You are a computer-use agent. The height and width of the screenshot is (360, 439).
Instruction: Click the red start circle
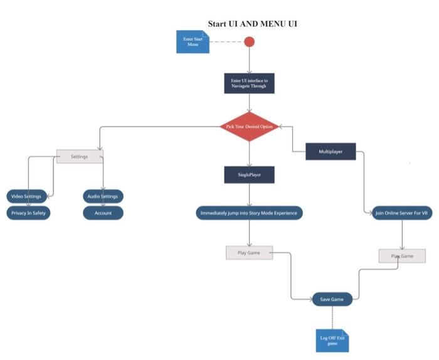point(249,42)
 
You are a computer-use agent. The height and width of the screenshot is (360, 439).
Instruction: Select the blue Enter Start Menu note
point(193,42)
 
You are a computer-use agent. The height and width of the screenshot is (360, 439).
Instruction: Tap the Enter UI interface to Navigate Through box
point(249,83)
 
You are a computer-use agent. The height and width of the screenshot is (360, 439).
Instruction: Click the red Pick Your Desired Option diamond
point(249,127)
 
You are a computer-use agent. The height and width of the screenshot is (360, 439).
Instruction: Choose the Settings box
point(80,156)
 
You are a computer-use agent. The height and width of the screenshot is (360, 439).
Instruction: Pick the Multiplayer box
point(331,151)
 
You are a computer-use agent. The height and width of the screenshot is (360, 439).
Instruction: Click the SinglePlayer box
point(249,175)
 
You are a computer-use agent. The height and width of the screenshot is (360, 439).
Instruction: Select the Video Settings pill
point(26,196)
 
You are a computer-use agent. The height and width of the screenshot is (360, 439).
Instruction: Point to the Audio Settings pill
point(103,196)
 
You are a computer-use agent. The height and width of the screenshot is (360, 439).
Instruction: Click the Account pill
point(103,213)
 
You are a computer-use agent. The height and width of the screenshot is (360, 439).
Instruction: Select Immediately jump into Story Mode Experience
point(249,213)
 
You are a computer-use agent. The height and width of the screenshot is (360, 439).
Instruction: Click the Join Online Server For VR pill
point(401,213)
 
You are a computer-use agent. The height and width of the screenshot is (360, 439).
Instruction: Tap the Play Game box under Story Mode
point(249,253)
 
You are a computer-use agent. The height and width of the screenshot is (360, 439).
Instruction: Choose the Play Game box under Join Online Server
point(402,256)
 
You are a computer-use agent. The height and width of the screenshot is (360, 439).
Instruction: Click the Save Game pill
point(332,300)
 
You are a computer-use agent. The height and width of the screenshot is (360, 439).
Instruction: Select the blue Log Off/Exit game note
point(332,341)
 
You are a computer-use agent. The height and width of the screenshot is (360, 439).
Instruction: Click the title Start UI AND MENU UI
point(253,24)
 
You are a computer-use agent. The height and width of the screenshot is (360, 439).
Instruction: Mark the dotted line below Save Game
point(332,318)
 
